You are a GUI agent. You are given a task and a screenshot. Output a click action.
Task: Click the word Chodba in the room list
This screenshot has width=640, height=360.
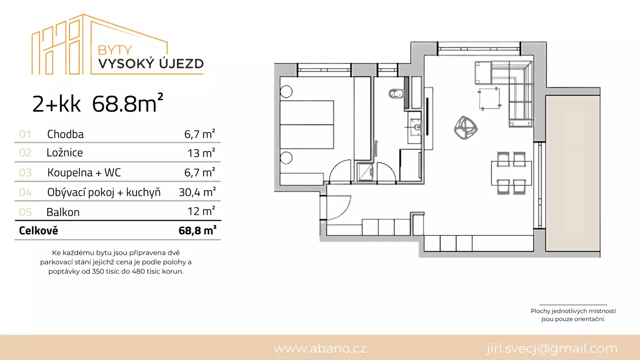(66, 134)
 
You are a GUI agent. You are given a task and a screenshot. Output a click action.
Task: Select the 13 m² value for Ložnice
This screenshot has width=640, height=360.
(201, 153)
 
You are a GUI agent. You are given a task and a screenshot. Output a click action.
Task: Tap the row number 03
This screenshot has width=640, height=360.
(25, 172)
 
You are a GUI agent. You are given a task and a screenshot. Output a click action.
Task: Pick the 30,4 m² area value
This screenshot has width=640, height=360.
(197, 192)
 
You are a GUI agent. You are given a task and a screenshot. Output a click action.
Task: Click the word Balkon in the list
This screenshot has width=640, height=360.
(63, 212)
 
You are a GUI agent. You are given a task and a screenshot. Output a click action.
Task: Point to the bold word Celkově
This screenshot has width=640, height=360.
(38, 230)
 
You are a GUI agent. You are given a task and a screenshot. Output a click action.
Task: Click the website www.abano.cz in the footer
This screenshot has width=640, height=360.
(320, 348)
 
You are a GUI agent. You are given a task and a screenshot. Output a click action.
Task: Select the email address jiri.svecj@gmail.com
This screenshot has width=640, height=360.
(552, 348)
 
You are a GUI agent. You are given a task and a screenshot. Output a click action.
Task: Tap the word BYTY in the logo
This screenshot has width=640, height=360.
(114, 50)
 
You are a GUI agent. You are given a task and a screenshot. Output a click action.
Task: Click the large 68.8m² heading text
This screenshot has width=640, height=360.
(128, 103)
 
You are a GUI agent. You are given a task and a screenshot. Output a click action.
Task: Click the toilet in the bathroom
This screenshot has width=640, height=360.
(396, 94)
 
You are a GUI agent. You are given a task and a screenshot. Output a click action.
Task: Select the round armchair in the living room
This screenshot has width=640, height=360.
(466, 128)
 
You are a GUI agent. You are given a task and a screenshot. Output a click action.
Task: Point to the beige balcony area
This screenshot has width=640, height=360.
(572, 174)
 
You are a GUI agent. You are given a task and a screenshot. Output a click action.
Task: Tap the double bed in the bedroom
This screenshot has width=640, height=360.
(306, 124)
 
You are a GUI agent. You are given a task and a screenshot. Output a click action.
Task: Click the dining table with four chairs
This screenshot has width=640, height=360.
(512, 174)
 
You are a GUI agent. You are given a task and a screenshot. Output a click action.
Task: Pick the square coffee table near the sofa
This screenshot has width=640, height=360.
(490, 99)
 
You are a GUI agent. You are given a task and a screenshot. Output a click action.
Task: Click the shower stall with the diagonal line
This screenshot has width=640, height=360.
(365, 172)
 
